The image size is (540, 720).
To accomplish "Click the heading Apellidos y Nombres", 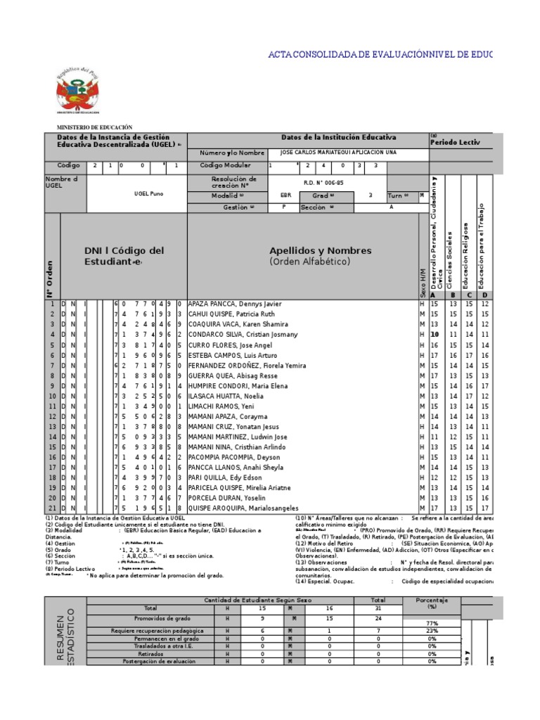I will [x=310, y=251].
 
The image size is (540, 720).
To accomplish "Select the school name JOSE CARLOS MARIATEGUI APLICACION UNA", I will [x=338, y=153].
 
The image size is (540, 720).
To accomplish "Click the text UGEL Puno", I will [x=148, y=193].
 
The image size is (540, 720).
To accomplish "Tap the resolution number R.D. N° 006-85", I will [x=323, y=182].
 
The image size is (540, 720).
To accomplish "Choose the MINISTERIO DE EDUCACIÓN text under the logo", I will [x=94, y=127].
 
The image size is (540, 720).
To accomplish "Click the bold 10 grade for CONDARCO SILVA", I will [x=435, y=335].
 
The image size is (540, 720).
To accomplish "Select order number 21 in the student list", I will [x=51, y=508].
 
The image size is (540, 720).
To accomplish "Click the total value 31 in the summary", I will [x=378, y=607].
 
